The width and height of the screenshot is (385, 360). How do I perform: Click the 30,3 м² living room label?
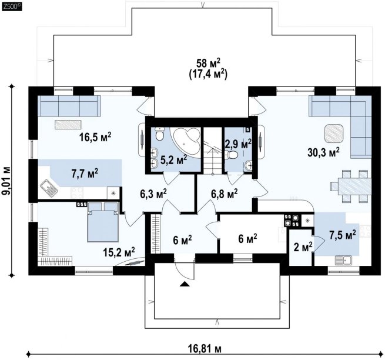click(323, 152)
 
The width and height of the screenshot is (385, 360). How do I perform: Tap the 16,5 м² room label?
click(95, 136)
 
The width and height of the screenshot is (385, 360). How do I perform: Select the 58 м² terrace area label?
click(208, 64)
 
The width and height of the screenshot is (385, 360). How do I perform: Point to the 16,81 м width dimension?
click(205, 348)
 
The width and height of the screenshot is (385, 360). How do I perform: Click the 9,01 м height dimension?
click(8, 181)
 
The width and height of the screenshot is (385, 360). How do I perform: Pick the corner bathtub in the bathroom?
click(186, 141)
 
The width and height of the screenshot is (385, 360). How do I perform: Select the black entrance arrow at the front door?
click(185, 284)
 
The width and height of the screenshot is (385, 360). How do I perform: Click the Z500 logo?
click(12, 6)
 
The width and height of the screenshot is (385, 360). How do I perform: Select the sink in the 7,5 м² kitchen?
click(344, 260)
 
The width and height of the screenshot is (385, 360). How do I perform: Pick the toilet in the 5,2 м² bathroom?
click(160, 134)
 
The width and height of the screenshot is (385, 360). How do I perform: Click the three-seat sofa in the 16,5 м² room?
click(69, 106)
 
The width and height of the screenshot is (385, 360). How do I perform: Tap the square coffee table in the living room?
click(334, 133)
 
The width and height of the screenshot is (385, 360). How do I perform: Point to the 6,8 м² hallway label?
click(224, 194)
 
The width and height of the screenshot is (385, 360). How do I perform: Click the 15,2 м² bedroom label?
click(119, 251)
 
